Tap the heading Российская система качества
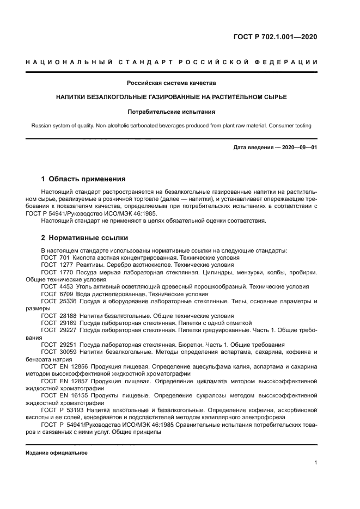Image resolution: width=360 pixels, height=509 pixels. pyautogui.click(x=172, y=83)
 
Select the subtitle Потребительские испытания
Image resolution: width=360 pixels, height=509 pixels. pyautogui.click(x=172, y=112)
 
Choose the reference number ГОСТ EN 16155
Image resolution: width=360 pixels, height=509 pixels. pyautogui.click(x=60, y=396)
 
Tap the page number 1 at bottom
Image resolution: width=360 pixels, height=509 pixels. pyautogui.click(x=315, y=463)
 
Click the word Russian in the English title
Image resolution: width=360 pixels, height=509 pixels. pyautogui.click(x=42, y=126)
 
